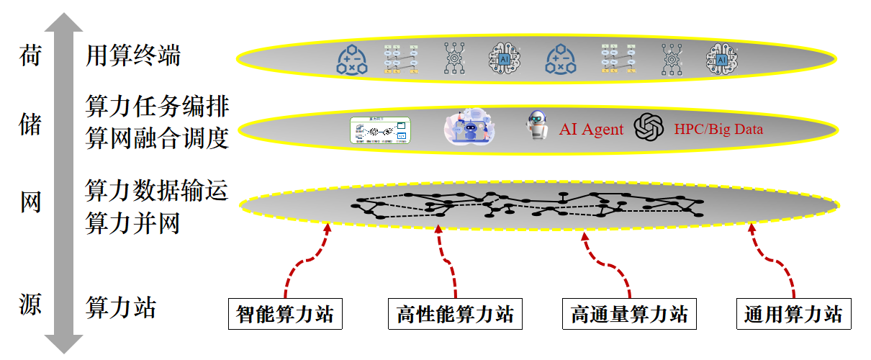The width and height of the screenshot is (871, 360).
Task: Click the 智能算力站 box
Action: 285,315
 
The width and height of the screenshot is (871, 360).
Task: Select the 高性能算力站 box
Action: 455,315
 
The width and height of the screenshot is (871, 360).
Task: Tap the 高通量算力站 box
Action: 629,315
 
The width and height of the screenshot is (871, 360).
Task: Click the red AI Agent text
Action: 591,130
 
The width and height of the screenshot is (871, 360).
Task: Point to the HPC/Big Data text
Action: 718,130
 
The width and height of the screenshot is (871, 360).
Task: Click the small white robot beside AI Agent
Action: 536,125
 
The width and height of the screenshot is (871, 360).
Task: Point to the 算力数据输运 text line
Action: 157,191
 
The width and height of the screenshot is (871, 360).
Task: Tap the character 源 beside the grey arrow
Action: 30,306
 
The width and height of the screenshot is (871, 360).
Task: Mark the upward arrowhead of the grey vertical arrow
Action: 63,25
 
